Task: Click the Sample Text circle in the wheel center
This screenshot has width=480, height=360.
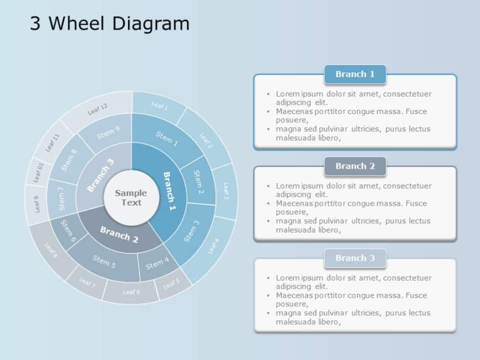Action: [131, 197]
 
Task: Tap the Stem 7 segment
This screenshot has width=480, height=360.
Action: [61, 198]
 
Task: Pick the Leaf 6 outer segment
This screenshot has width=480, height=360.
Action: [131, 292]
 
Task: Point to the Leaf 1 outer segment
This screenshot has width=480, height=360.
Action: [159, 105]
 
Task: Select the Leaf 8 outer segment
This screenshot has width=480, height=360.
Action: [51, 251]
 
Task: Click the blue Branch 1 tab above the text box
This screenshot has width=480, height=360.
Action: [355, 74]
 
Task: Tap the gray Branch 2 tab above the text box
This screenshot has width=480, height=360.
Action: [355, 166]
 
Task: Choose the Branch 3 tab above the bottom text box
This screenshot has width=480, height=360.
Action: [355, 258]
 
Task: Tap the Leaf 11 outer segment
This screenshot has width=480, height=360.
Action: [52, 143]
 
